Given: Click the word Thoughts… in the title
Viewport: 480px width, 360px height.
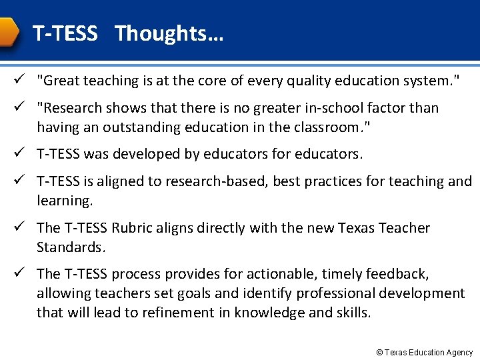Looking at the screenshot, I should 169,34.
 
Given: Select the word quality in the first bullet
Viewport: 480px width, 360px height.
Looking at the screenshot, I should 315,81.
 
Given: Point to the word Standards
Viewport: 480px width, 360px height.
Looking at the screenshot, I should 71,247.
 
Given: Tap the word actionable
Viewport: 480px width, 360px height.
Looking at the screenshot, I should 283,274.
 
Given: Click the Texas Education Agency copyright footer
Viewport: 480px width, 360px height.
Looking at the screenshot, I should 424,352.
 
